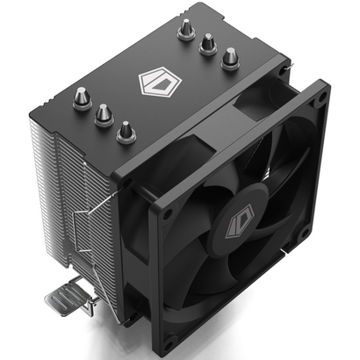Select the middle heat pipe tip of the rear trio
208,44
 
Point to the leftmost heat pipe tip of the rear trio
187,29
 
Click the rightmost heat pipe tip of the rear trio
230,59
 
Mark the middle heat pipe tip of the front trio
103,114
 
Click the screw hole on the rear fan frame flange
283,67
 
